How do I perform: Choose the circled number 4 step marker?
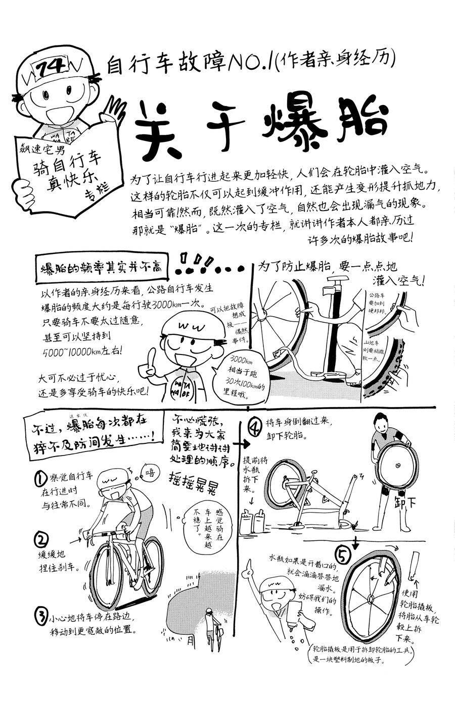pyautogui.click(x=254, y=427)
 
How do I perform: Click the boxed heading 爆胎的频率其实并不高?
pyautogui.click(x=101, y=268)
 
